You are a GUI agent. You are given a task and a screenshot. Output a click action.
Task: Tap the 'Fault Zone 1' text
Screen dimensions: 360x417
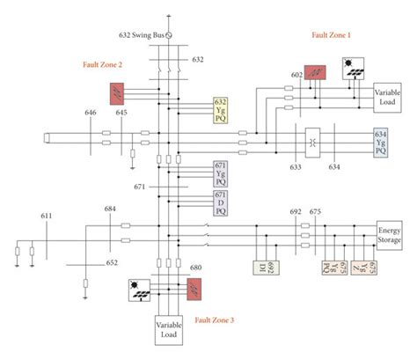331,34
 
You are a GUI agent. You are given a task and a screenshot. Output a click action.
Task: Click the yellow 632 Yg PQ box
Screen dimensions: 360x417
221,109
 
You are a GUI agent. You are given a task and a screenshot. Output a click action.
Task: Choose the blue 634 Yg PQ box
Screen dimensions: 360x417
380,142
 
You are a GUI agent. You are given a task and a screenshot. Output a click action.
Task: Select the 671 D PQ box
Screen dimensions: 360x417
221,203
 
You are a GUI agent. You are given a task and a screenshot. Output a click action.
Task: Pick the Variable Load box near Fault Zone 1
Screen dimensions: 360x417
386,98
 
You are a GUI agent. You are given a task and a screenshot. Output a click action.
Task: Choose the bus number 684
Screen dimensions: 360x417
110,208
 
